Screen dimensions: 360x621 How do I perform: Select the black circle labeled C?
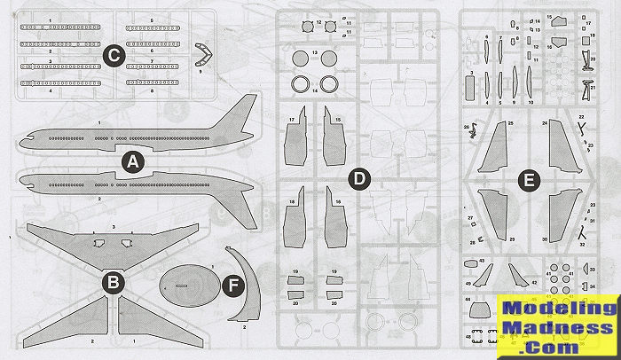tap(113, 55)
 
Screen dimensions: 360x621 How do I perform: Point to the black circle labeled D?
tap(358, 180)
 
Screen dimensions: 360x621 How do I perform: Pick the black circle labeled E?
tap(530, 180)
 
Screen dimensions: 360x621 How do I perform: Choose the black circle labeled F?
tap(232, 286)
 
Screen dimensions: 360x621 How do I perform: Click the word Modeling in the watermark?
tap(542, 309)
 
